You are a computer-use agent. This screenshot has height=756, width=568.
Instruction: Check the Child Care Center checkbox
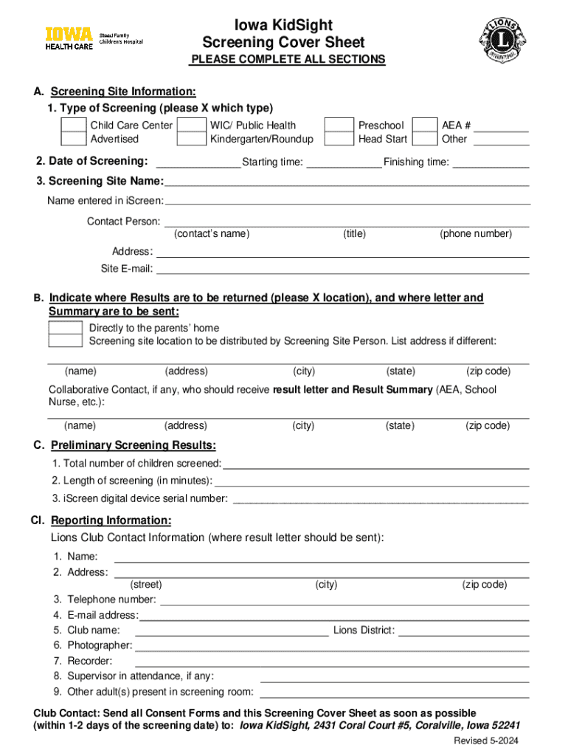[x=73, y=126]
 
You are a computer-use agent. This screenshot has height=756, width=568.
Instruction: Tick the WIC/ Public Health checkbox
[x=193, y=126]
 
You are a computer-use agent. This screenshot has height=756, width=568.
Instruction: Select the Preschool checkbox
[x=339, y=126]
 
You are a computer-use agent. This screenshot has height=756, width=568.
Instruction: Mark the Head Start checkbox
[x=339, y=139]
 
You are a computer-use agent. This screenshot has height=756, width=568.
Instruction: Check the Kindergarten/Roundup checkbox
[x=193, y=139]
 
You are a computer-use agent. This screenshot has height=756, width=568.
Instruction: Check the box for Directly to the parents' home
[x=66, y=328]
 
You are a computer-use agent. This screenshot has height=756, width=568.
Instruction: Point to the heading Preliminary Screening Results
[x=133, y=445]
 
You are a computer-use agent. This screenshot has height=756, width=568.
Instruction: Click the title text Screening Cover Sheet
[x=283, y=42]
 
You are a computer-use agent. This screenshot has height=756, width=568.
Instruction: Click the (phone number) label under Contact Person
[x=476, y=234]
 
